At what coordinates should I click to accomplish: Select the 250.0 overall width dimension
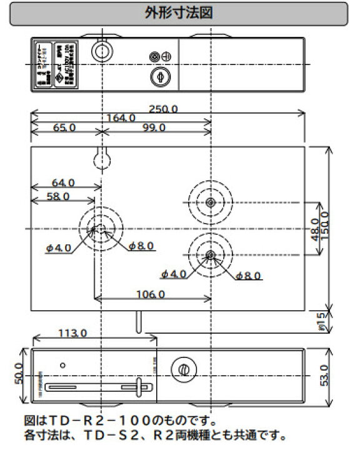[x=164, y=109]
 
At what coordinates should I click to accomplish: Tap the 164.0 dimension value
[x=121, y=118]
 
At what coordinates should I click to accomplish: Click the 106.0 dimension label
[x=149, y=294]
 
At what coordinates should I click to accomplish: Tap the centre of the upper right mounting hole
[x=211, y=202]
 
